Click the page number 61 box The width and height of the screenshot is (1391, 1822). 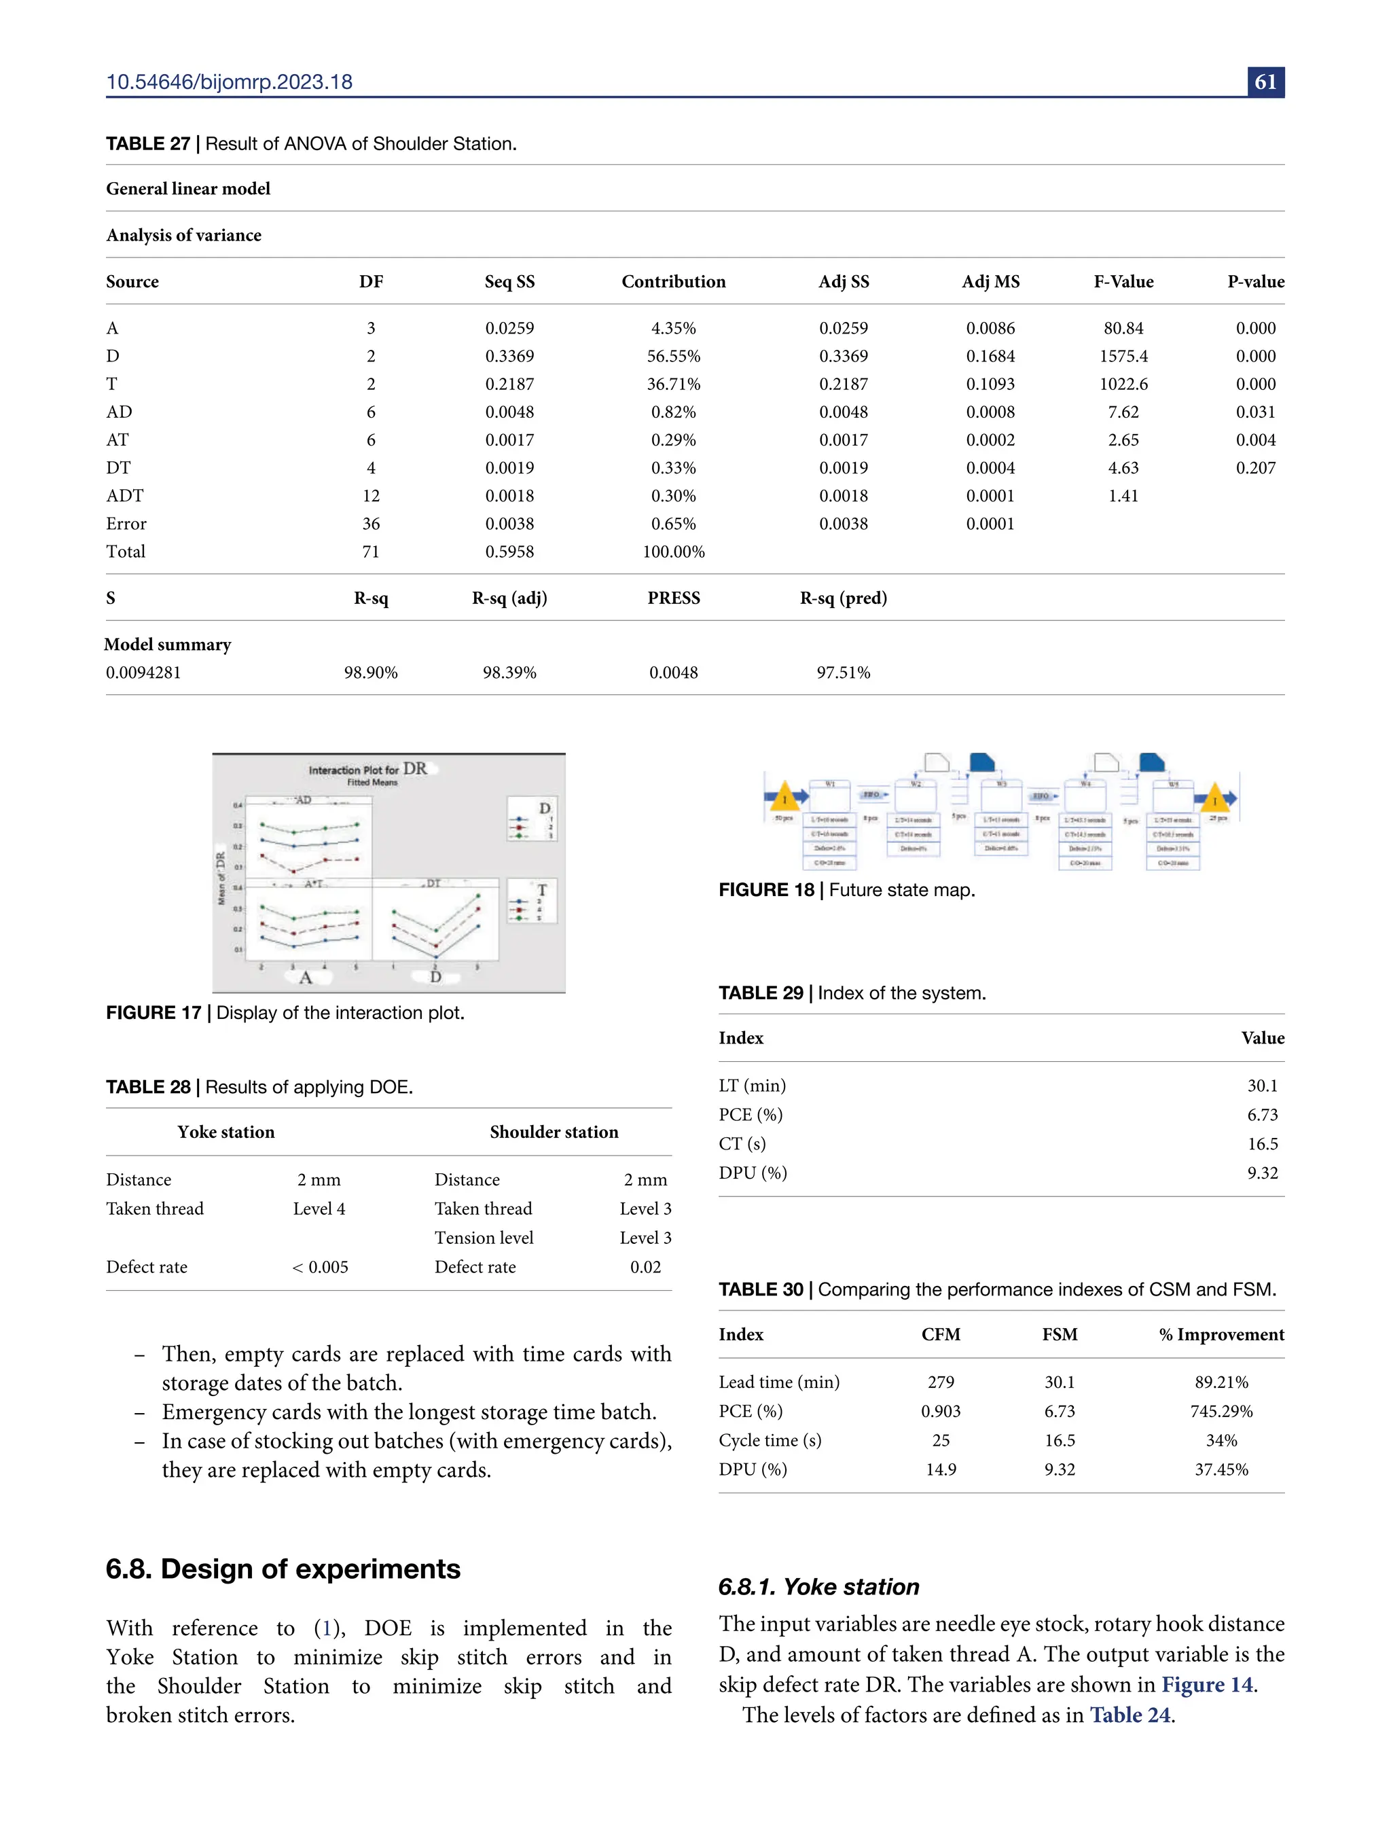[x=1265, y=82]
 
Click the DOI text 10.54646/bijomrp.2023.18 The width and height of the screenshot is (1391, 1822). [x=230, y=82]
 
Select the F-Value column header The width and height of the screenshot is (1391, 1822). [x=1123, y=281]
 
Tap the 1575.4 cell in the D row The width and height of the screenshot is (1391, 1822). [x=1123, y=356]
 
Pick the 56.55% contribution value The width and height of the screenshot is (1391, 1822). [x=673, y=356]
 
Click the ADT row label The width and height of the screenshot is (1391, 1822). [x=124, y=496]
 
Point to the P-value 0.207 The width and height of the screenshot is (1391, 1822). [x=1255, y=468]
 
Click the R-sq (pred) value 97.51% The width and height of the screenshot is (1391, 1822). [x=843, y=673]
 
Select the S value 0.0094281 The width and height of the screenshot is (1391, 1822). [x=143, y=673]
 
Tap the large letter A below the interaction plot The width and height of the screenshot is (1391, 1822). [x=305, y=978]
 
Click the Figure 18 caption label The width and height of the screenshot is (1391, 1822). [x=766, y=891]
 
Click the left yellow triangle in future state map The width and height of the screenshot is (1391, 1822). [x=784, y=798]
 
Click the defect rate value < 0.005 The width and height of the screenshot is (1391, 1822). [x=320, y=1267]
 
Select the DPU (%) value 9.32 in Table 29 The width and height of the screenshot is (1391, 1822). [x=1262, y=1173]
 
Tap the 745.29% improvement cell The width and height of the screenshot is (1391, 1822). [x=1221, y=1411]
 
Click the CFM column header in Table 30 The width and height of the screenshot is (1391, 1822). [x=941, y=1335]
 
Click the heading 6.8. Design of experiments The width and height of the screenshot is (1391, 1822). [x=283, y=1569]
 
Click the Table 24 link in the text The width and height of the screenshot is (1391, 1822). [x=1130, y=1715]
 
